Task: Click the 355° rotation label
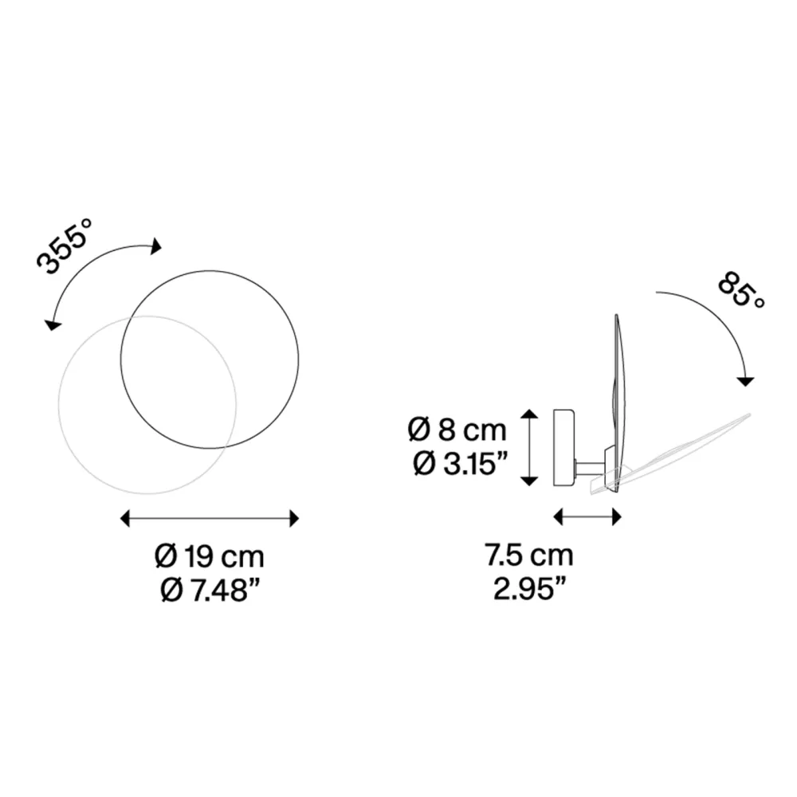[x=65, y=246]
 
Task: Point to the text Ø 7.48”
[x=210, y=590]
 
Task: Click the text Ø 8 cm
[x=457, y=430]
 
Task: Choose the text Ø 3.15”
[x=460, y=464]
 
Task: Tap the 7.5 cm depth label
[x=528, y=555]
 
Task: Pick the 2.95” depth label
[x=529, y=589]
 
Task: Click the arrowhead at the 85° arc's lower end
[x=745, y=381]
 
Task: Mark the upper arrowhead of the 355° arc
[x=156, y=246]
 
